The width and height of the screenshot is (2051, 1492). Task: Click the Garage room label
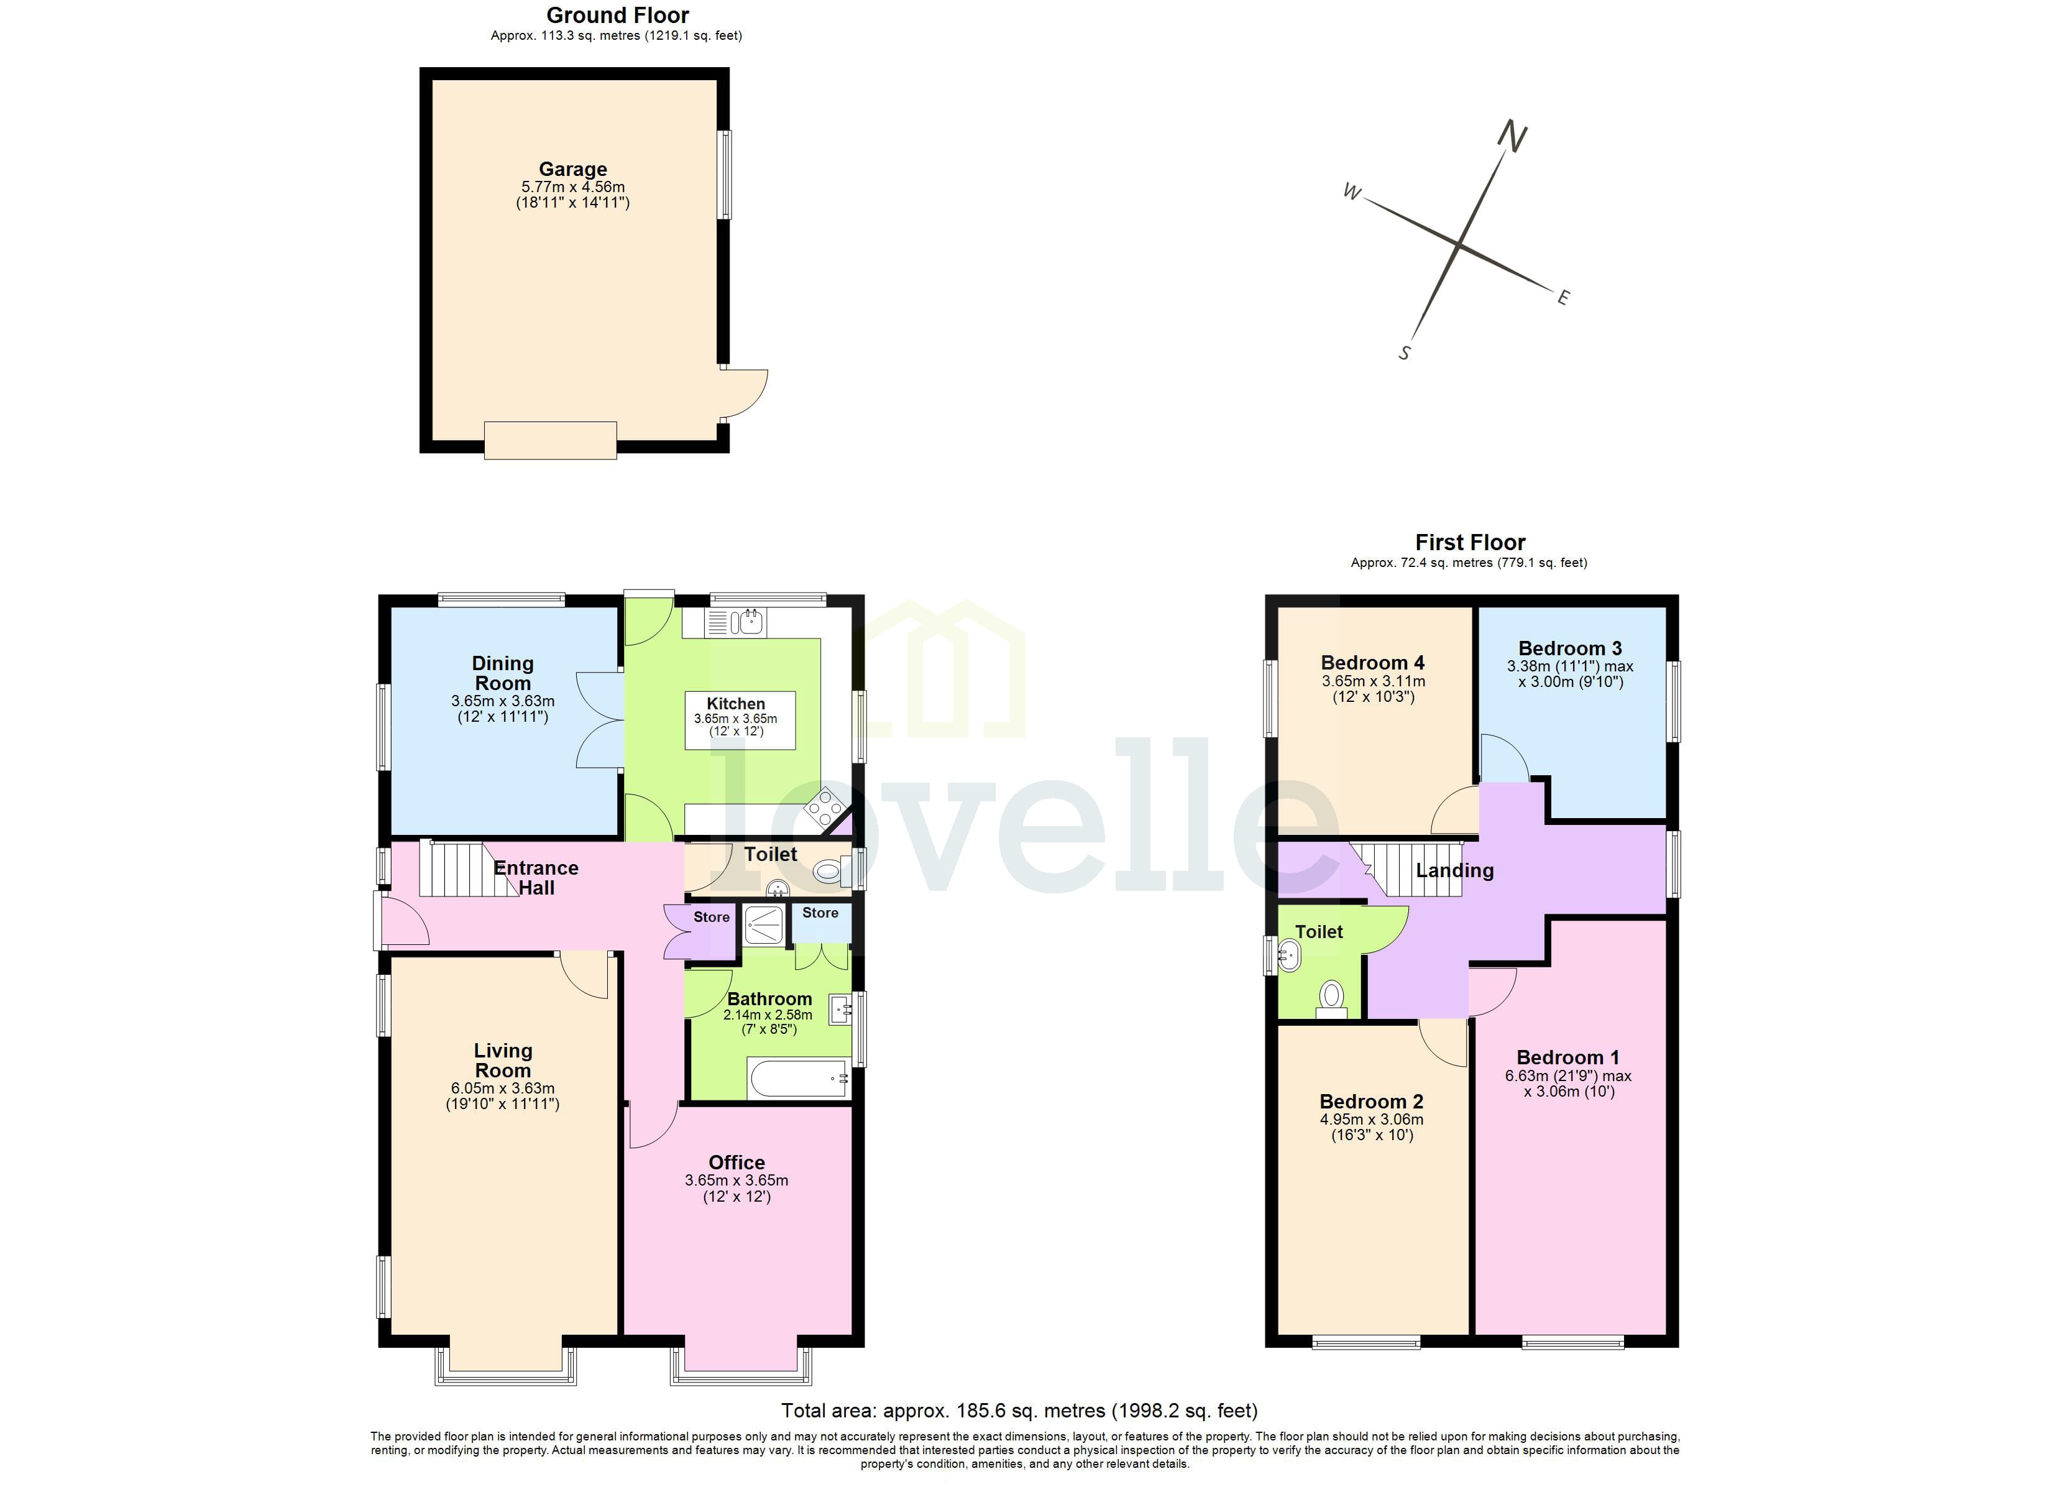(x=572, y=169)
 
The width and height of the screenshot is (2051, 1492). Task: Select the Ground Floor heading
(x=618, y=16)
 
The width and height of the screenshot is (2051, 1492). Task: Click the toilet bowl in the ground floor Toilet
(x=827, y=872)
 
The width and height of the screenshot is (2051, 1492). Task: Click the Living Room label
(x=503, y=1061)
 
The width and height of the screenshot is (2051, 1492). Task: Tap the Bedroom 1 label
(x=1567, y=1057)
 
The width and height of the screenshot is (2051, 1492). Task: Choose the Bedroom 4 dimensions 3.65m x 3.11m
(x=1373, y=681)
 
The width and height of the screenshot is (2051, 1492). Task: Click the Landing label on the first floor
(x=1454, y=870)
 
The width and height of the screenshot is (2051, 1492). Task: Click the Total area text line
(x=1019, y=1411)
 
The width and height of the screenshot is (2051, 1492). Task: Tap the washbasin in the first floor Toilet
(x=1288, y=954)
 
